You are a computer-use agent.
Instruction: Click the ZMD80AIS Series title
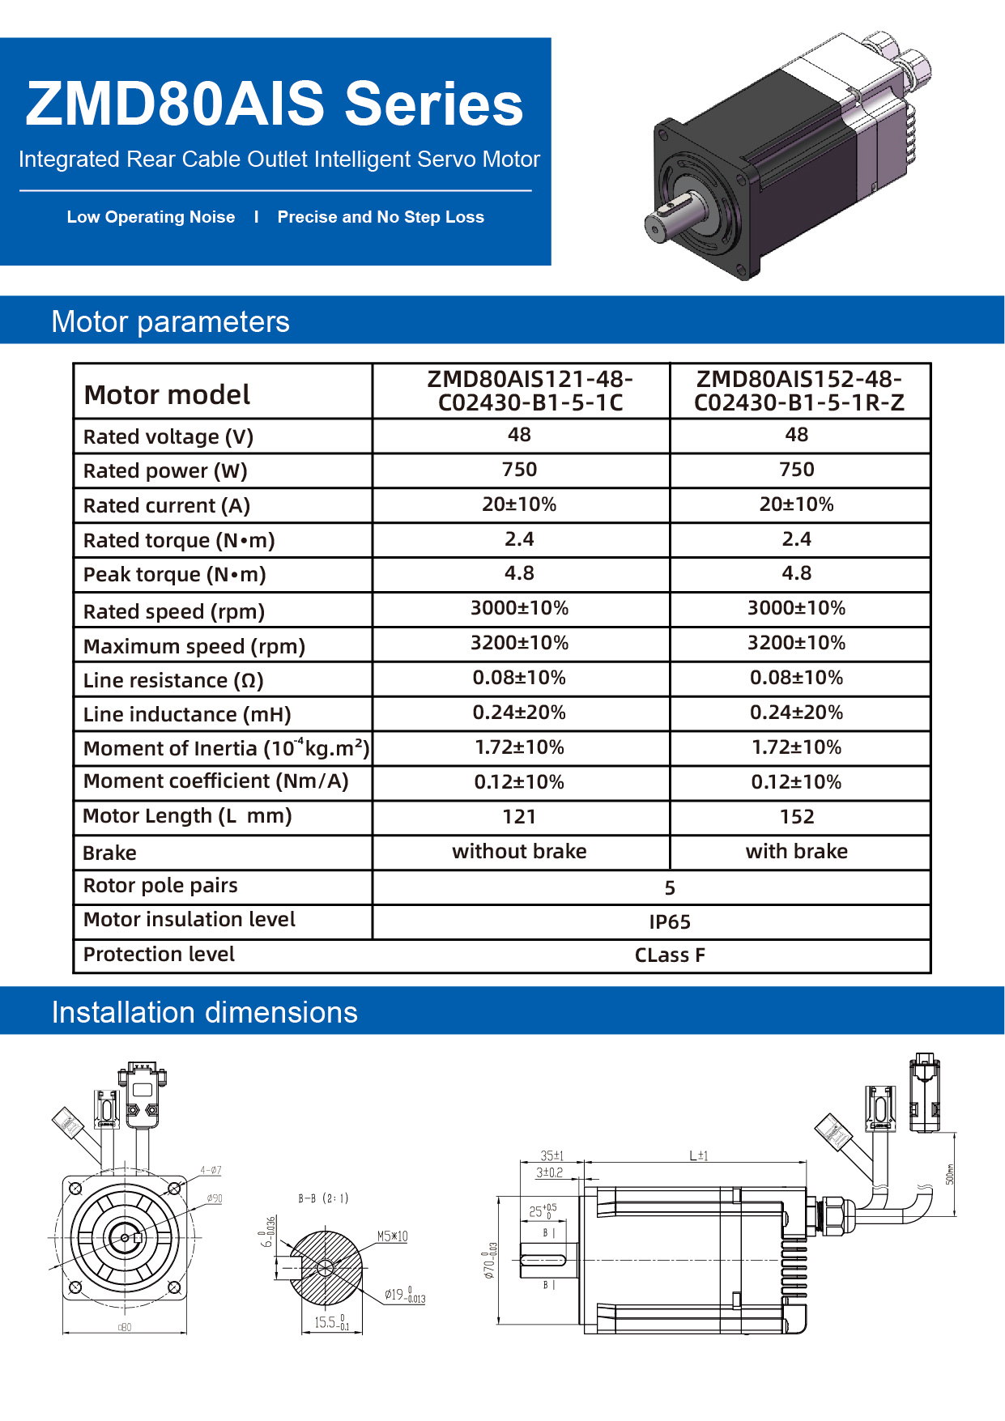pyautogui.click(x=275, y=104)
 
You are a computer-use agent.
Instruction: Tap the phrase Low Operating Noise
pyautogui.click(x=151, y=217)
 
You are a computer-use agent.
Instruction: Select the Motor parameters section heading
pyautogui.click(x=170, y=321)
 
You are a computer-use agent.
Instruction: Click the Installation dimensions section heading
pyautogui.click(x=204, y=1012)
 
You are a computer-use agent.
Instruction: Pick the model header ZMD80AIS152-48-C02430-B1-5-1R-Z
pyautogui.click(x=798, y=391)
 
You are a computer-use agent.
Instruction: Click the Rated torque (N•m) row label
pyautogui.click(x=179, y=540)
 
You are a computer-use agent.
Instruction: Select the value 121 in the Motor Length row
pyautogui.click(x=519, y=817)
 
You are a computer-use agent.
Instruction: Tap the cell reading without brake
pyautogui.click(x=519, y=852)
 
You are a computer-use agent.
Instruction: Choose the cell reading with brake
pyautogui.click(x=797, y=852)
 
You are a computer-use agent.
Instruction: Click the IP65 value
pyautogui.click(x=670, y=922)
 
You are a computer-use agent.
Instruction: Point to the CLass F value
pyautogui.click(x=670, y=955)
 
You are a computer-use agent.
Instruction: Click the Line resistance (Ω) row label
pyautogui.click(x=173, y=681)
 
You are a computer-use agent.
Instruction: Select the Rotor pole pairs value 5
pyautogui.click(x=670, y=888)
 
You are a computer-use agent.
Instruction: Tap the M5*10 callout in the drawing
pyautogui.click(x=392, y=1236)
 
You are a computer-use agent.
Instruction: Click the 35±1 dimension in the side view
pyautogui.click(x=551, y=1156)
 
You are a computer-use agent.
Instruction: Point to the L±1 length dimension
pyautogui.click(x=698, y=1156)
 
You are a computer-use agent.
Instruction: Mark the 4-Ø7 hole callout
pyautogui.click(x=211, y=1170)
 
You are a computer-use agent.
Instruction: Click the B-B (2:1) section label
pyautogui.click(x=323, y=1198)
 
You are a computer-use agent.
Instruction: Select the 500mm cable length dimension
pyautogui.click(x=950, y=1174)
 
